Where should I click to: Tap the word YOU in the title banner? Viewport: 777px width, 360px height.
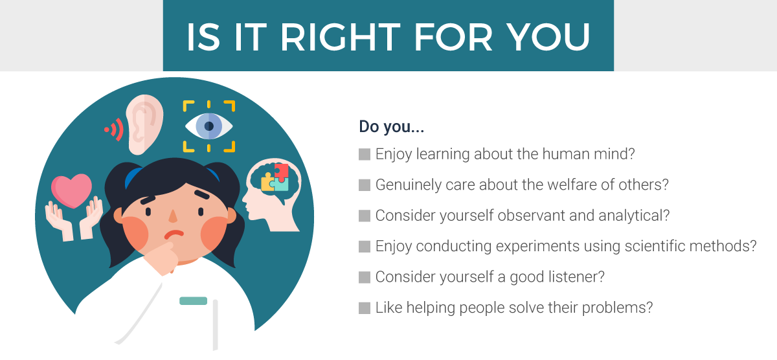(548, 37)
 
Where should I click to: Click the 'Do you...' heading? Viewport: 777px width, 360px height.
(391, 127)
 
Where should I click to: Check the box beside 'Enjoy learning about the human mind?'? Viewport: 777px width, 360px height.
(365, 154)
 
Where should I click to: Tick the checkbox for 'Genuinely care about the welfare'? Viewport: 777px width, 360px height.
(365, 185)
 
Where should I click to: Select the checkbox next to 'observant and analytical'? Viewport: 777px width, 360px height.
(365, 216)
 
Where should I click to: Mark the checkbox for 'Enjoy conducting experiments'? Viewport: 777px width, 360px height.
(365, 247)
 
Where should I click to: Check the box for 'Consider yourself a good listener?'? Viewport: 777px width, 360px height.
(365, 277)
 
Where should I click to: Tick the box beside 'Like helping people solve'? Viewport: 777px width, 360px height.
(365, 308)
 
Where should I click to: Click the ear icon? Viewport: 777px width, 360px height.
(144, 124)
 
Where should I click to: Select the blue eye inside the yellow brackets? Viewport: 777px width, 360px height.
(208, 126)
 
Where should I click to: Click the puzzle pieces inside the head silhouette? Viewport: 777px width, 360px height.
(275, 177)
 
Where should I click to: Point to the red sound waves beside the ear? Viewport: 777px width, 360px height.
(115, 130)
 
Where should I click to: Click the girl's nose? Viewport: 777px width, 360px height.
(173, 216)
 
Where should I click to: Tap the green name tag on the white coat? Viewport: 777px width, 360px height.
(193, 300)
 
